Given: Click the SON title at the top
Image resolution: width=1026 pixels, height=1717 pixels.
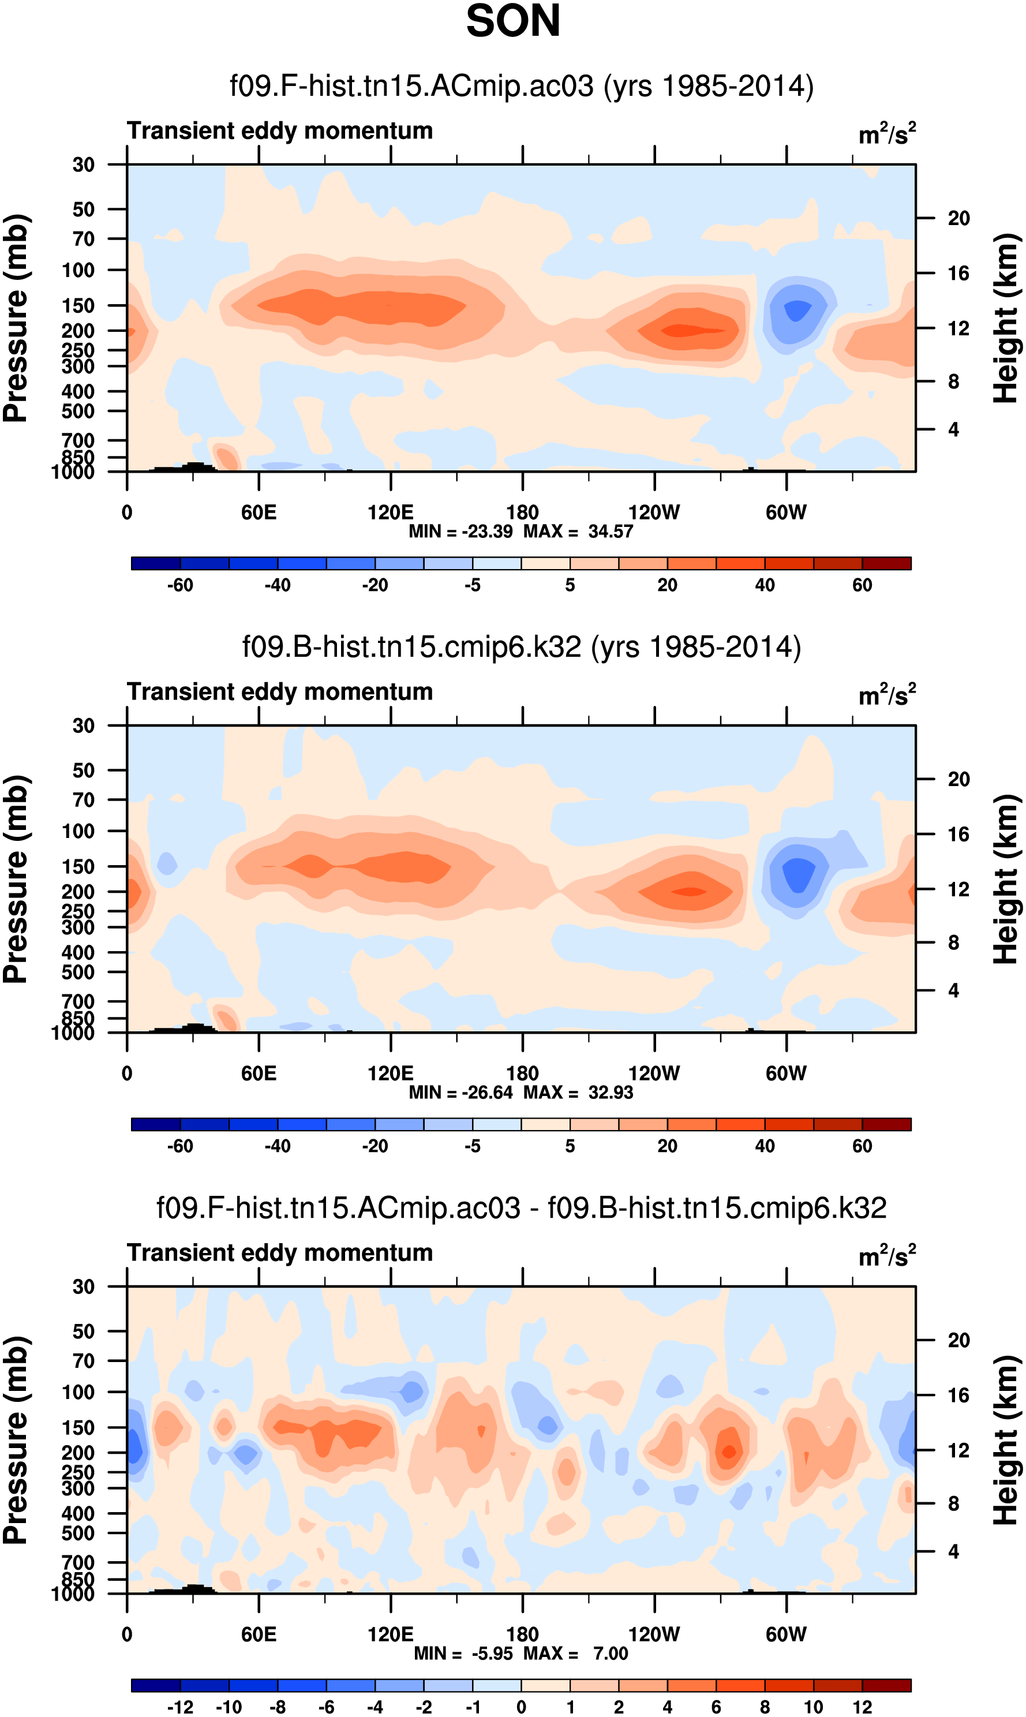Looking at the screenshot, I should pyautogui.click(x=513, y=21).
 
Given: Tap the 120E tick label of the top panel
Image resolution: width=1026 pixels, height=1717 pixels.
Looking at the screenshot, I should pyautogui.click(x=391, y=513).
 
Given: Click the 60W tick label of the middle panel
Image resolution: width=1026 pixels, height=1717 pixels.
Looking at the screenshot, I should pyautogui.click(x=786, y=1073).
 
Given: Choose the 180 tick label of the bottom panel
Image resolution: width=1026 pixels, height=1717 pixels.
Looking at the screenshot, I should pyautogui.click(x=522, y=1634).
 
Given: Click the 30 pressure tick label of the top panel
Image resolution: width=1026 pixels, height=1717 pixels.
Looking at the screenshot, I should pyautogui.click(x=83, y=164).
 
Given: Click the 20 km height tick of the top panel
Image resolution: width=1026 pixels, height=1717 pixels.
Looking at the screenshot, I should pyautogui.click(x=958, y=219).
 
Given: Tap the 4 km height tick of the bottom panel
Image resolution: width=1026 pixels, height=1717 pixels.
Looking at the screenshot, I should pyautogui.click(x=953, y=1551).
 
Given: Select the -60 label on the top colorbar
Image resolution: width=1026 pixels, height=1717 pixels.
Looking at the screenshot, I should pyautogui.click(x=180, y=585).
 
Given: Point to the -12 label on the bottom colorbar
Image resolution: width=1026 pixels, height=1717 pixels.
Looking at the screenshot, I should pyautogui.click(x=180, y=1707).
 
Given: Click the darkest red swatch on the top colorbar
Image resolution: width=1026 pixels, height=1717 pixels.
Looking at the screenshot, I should pyautogui.click(x=886, y=563).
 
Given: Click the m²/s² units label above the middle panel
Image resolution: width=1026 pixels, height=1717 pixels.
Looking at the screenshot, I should pyautogui.click(x=886, y=694).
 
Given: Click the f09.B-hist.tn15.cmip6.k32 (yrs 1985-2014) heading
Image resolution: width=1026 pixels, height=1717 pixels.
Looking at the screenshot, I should pyautogui.click(x=521, y=647).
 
